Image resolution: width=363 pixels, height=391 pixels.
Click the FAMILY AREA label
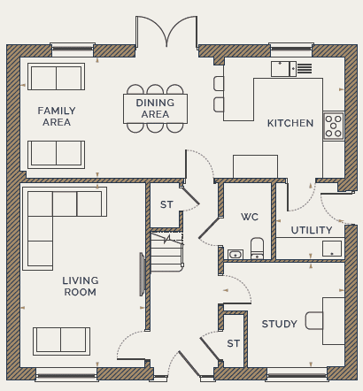(57, 116)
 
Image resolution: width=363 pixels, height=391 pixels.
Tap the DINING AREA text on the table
(155, 108)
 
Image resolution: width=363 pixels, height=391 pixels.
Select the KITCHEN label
(290, 123)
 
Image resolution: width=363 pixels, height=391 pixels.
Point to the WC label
(250, 217)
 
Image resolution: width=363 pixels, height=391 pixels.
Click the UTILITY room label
(312, 230)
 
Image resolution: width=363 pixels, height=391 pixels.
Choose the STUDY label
(279, 324)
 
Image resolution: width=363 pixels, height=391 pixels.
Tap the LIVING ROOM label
(81, 286)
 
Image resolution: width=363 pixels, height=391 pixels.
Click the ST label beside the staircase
(166, 204)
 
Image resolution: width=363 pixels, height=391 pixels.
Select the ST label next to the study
(233, 343)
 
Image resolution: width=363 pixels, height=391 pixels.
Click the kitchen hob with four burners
(334, 126)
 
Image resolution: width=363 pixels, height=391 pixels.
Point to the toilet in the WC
(257, 249)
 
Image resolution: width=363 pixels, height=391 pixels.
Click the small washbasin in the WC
(236, 254)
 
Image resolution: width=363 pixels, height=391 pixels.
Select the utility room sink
(332, 249)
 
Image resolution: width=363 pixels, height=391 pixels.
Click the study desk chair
(314, 320)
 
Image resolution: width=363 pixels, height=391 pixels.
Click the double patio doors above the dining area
(166, 32)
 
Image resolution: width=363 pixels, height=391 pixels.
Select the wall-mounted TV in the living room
(142, 274)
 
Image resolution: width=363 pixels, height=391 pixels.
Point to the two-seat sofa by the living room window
(61, 341)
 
